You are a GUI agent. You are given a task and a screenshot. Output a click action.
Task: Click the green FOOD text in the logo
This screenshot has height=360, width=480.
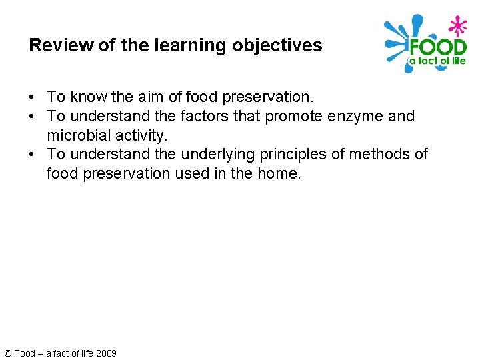(x=437, y=49)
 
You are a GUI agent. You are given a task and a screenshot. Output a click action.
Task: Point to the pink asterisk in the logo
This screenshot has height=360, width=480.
(x=457, y=26)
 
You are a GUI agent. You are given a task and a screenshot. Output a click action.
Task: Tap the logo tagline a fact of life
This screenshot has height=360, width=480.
(x=437, y=61)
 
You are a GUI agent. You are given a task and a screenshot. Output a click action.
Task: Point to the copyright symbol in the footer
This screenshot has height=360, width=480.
(x=7, y=353)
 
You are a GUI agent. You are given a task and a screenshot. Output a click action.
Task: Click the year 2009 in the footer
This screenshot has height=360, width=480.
(x=106, y=353)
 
